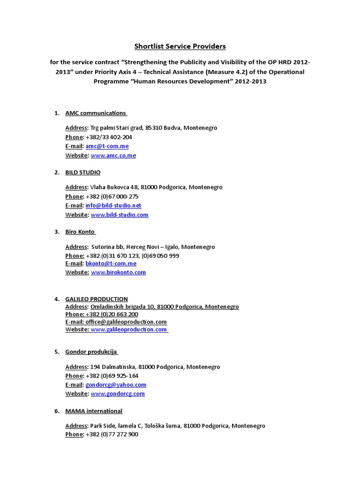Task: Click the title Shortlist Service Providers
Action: [x=180, y=46]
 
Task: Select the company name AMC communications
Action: [x=96, y=113]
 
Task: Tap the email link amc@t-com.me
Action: [x=107, y=146]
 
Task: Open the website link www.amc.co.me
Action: [x=113, y=155]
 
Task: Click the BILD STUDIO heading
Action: [x=82, y=172]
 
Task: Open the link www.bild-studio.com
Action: [x=120, y=215]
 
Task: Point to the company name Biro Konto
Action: [x=80, y=232]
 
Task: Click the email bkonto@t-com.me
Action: [x=111, y=263]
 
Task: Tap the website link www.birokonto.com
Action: [x=118, y=272]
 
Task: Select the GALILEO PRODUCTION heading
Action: [x=96, y=299]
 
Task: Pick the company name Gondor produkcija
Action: [x=91, y=352]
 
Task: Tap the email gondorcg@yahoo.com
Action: [x=116, y=385]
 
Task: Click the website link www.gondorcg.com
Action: [x=118, y=394]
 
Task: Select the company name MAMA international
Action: [x=94, y=411]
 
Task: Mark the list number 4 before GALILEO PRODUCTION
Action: [x=57, y=299]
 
